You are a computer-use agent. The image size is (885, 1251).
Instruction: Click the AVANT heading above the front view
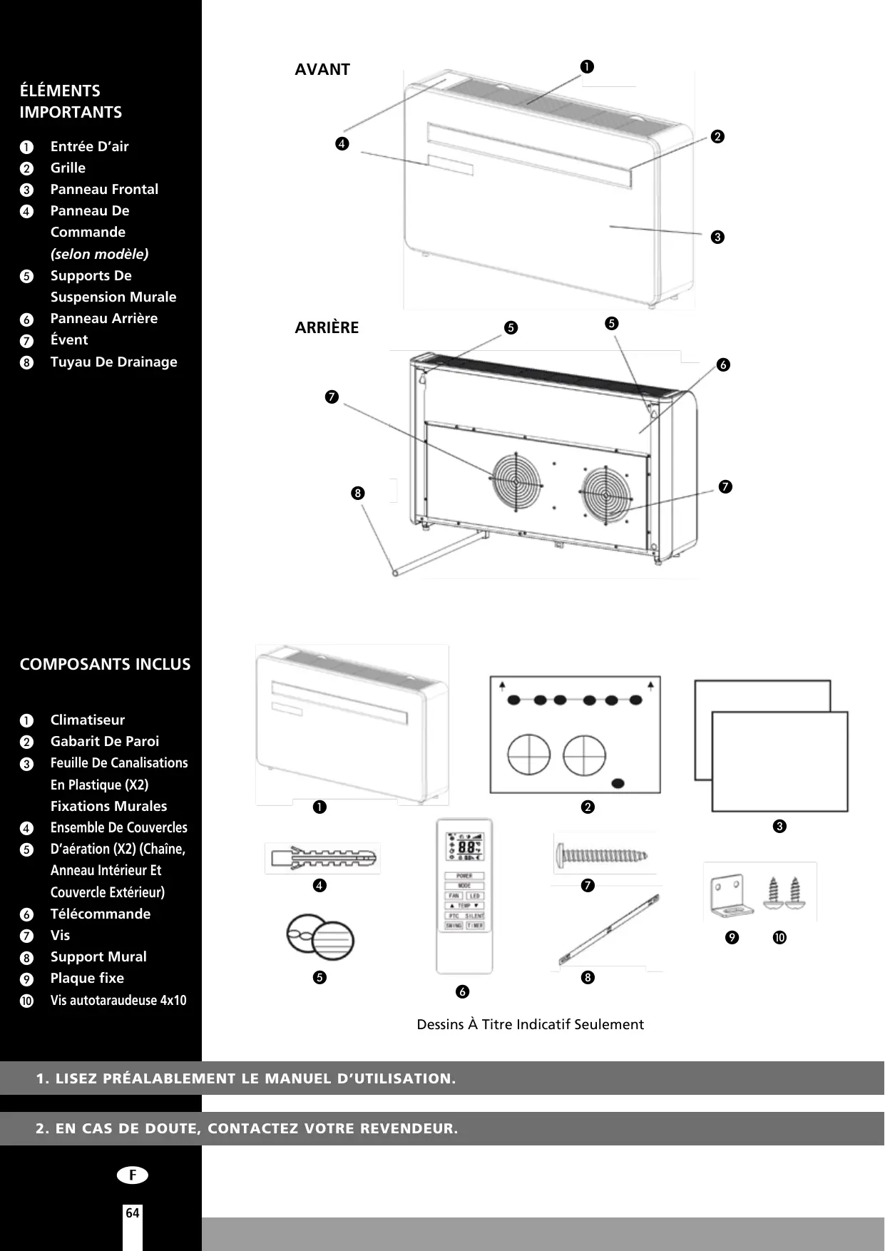pos(322,70)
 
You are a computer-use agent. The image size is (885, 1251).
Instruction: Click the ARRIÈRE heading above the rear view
pos(327,328)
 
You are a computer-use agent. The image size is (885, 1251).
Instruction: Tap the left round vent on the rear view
pos(515,481)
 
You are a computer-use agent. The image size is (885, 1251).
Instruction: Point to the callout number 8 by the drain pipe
pos(358,493)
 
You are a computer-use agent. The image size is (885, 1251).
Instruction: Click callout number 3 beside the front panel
pos(717,237)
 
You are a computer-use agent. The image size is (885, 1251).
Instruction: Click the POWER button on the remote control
pos(464,875)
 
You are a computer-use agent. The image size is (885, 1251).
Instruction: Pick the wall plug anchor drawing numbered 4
pos(322,858)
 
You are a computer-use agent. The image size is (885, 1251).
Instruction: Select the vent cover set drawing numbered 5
pos(320,937)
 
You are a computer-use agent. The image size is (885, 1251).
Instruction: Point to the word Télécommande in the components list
pos(101,914)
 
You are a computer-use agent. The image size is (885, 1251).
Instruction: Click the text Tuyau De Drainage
pos(114,362)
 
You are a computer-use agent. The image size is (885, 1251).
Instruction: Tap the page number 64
pos(133,1213)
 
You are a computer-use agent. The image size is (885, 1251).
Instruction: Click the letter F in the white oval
pos(133,1175)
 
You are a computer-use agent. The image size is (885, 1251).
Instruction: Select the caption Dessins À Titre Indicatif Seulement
pos(530,1024)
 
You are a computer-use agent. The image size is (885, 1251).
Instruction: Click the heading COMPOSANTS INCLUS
pos(106,664)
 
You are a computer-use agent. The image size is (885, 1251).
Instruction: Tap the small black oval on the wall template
pos(619,783)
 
